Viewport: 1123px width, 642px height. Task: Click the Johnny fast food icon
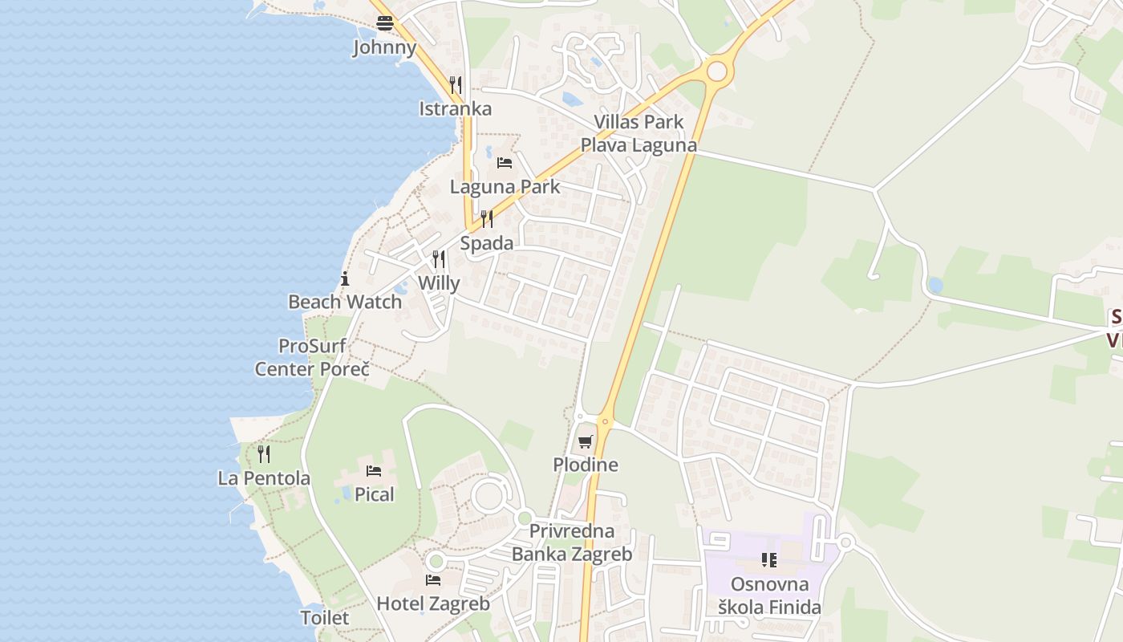[385, 23]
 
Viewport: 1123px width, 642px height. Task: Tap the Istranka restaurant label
[455, 109]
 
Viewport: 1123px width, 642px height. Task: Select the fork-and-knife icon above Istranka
[455, 84]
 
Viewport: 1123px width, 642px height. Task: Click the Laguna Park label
[505, 187]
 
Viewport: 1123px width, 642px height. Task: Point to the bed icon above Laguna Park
[505, 163]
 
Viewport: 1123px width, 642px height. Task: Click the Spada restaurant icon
[487, 219]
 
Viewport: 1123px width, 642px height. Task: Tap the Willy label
[439, 283]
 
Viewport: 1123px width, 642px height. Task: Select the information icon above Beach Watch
[345, 279]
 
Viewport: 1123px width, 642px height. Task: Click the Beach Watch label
[345, 303]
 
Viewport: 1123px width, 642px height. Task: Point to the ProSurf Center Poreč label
[312, 358]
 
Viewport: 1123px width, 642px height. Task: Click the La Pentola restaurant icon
[264, 454]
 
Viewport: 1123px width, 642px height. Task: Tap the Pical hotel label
[375, 494]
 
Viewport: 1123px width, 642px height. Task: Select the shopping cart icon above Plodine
[586, 441]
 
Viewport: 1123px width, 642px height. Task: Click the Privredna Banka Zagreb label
[572, 542]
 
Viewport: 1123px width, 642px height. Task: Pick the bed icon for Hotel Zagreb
[433, 579]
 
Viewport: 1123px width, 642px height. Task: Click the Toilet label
[325, 618]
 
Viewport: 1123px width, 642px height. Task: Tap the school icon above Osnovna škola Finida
[768, 560]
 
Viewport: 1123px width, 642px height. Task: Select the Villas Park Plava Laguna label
[639, 133]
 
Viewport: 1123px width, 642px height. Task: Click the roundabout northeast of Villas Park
[716, 71]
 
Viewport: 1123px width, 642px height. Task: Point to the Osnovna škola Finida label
[769, 595]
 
